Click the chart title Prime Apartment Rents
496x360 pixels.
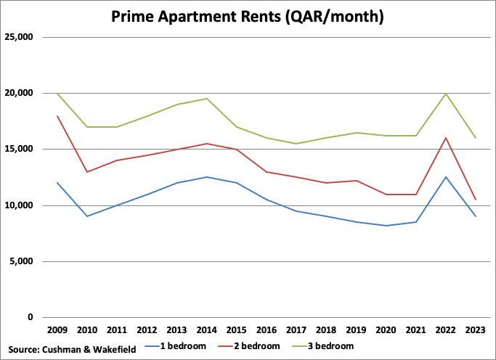tap(248, 15)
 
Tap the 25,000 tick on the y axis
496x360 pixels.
tap(20, 37)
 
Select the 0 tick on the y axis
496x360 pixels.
tap(30, 317)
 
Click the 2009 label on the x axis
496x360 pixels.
tap(57, 330)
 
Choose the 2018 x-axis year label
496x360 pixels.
tap(325, 330)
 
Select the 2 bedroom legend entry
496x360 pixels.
tap(247, 347)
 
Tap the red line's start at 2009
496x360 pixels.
tap(57, 116)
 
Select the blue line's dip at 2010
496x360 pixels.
tap(86, 216)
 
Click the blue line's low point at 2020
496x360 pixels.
tap(385, 226)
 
